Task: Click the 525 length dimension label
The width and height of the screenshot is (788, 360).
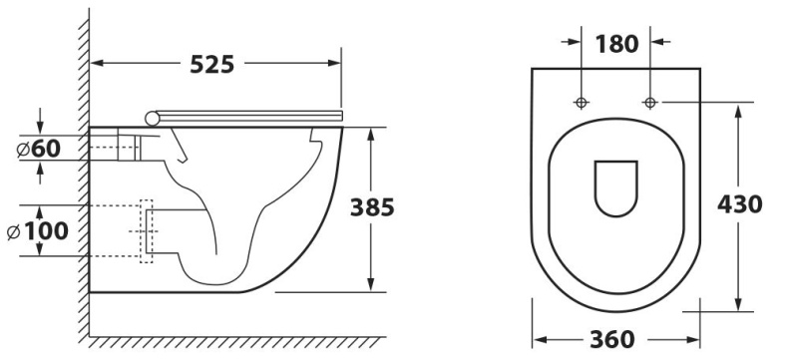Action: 212,64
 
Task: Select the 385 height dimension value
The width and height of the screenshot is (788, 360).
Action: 372,207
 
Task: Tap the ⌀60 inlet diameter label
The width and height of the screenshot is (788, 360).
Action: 39,149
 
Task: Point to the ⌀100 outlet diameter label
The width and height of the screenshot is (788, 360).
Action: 38,231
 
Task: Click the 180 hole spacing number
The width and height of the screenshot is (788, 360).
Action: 617,44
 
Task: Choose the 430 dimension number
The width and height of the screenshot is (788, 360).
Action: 740,204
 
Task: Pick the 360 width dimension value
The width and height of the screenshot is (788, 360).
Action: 612,340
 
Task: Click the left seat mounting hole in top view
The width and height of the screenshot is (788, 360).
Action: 582,103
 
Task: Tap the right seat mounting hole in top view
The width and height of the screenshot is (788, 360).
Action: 650,103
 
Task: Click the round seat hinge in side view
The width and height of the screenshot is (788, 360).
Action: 152,118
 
